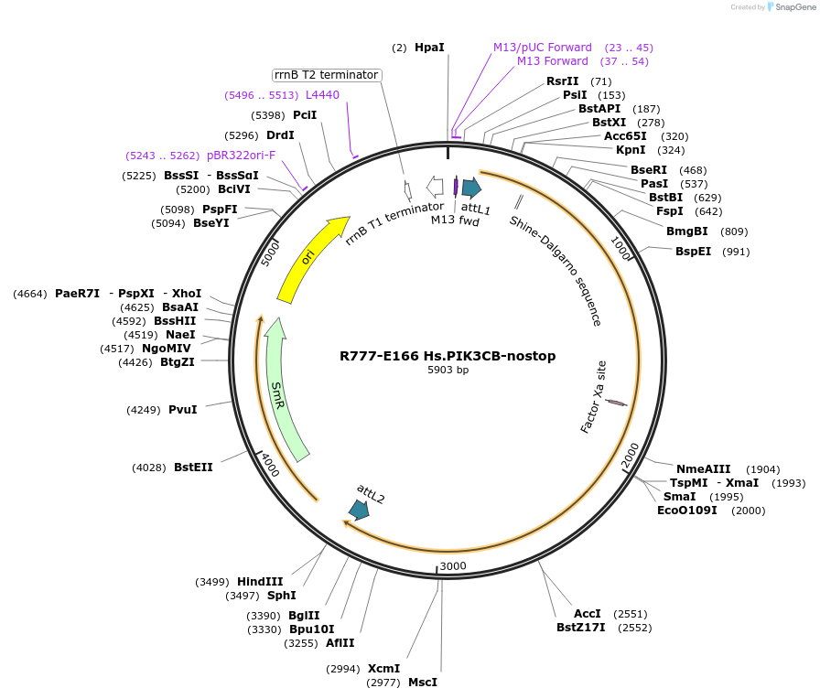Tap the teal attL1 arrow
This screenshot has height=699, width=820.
471,188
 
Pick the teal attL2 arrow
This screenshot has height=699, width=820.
359,510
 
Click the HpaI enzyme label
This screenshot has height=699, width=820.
429,47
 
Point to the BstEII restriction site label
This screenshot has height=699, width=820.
193,467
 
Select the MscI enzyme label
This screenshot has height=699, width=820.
423,682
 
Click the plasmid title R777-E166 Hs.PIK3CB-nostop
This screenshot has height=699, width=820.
448,356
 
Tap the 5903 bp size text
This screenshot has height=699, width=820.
448,371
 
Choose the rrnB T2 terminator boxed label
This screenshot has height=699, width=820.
327,75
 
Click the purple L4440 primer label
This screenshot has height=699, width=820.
322,94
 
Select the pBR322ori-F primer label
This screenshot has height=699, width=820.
241,155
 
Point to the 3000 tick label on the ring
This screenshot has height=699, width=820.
453,566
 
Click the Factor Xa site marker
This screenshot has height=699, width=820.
616,402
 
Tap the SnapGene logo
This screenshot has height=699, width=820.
792,6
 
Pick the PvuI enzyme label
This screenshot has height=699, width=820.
183,409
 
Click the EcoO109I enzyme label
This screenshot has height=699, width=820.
687,510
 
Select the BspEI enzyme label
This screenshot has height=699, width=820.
693,252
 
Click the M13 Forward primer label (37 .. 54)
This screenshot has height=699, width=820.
553,61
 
